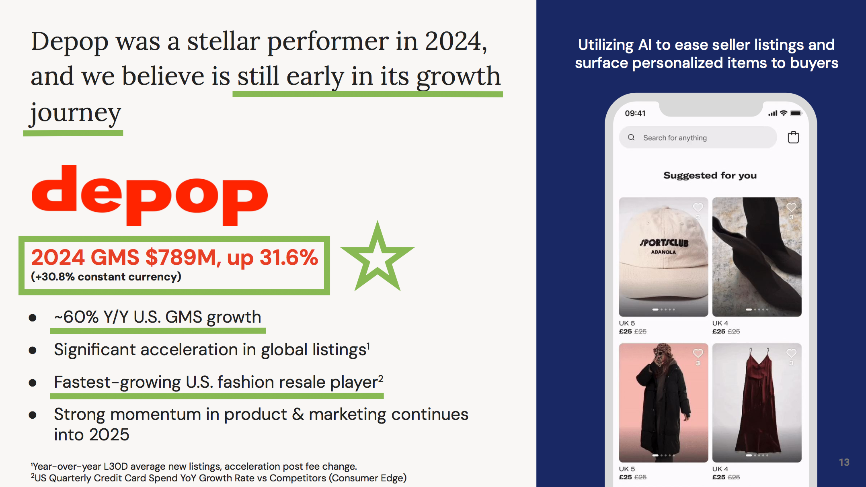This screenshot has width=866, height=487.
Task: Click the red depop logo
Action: [x=150, y=195]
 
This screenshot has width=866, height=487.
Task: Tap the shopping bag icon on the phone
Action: [x=793, y=137]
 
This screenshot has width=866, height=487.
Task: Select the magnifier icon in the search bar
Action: [x=631, y=137]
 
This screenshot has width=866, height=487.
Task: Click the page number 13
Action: [x=844, y=462]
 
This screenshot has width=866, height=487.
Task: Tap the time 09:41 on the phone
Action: [x=635, y=113]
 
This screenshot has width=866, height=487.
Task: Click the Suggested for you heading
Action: [x=710, y=176]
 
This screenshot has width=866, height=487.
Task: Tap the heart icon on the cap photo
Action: [x=698, y=207]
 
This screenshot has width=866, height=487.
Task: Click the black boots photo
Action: [x=757, y=257]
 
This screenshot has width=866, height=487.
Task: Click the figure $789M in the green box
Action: [x=183, y=257]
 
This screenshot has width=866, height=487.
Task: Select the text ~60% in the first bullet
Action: [x=76, y=317]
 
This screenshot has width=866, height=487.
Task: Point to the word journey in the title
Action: [x=76, y=113]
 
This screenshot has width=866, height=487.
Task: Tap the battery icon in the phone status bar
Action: [x=796, y=113]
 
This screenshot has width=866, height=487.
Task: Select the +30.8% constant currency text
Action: [x=106, y=277]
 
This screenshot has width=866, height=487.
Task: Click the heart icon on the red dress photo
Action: [x=791, y=353]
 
